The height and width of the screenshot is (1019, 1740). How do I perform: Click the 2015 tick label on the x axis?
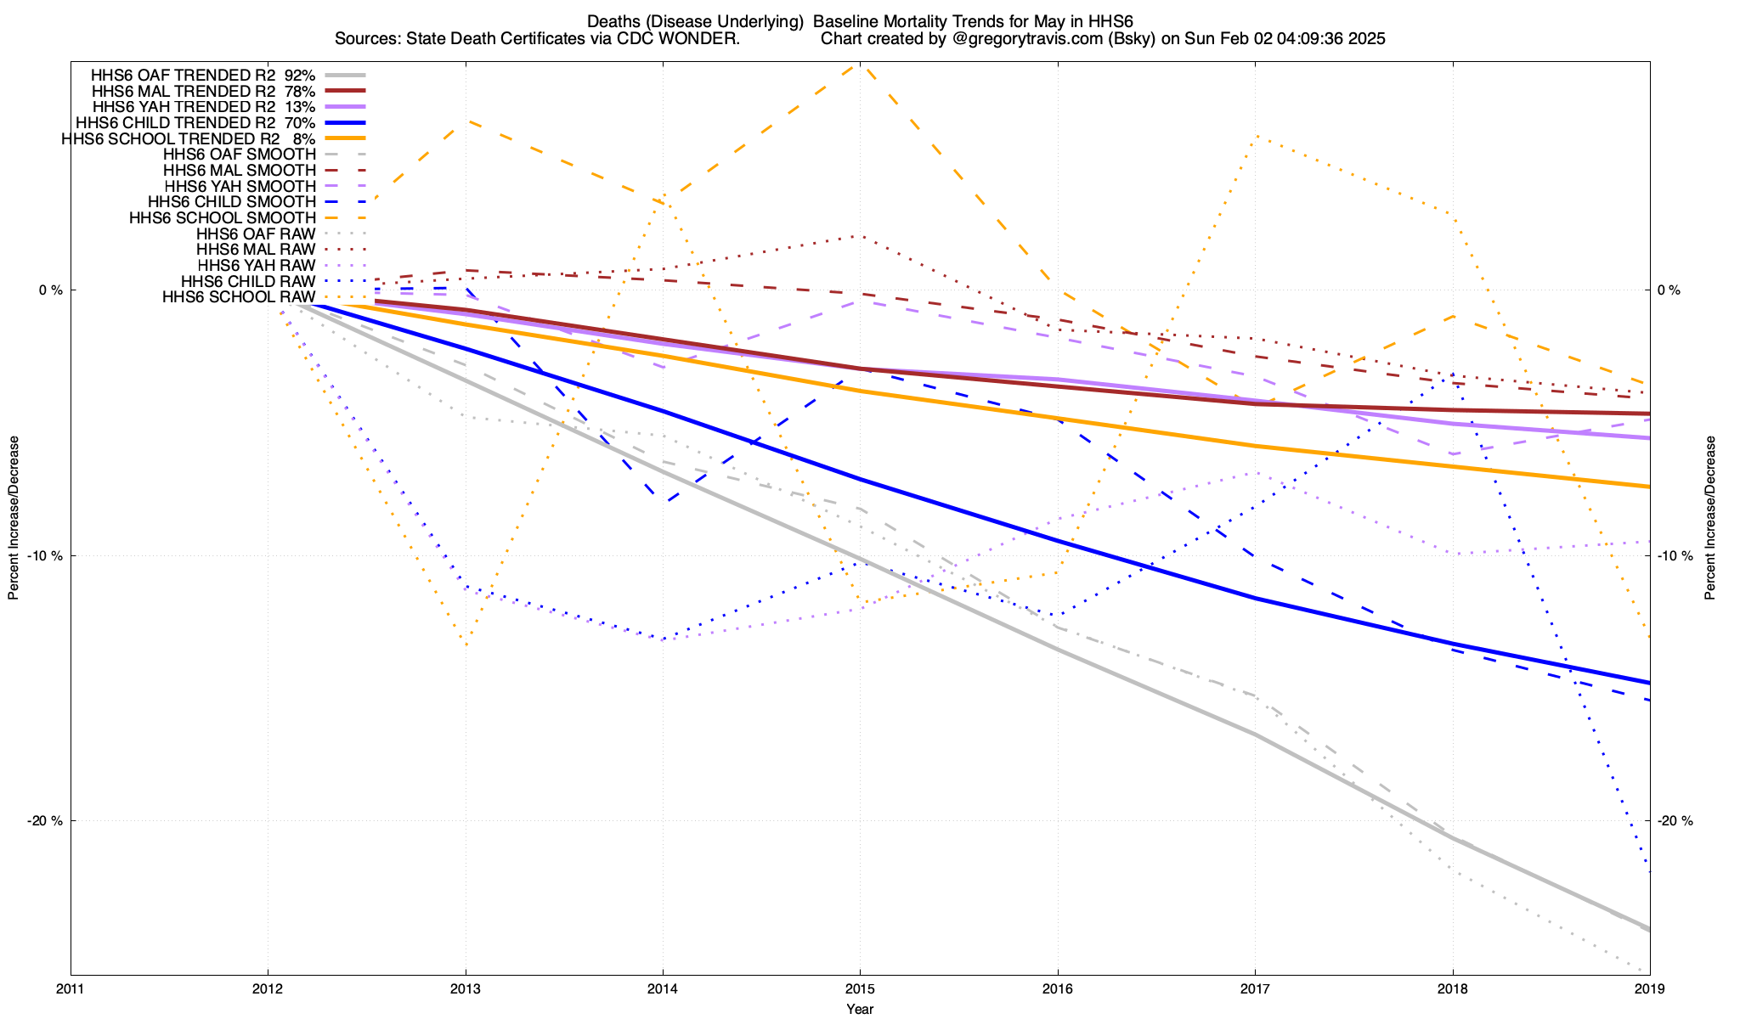[x=860, y=988]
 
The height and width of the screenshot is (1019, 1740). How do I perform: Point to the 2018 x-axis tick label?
[x=1452, y=988]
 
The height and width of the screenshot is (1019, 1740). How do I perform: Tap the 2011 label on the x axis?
[x=71, y=988]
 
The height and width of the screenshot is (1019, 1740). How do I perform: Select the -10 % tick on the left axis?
[x=45, y=556]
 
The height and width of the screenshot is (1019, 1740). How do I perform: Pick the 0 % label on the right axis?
[x=1669, y=290]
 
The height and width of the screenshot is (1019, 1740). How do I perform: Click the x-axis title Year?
[x=860, y=1009]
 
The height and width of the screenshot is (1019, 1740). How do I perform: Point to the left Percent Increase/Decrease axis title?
[x=14, y=518]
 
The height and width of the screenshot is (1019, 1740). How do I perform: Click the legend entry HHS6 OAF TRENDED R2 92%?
[x=203, y=75]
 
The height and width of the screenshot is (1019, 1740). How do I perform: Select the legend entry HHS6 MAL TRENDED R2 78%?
[x=203, y=91]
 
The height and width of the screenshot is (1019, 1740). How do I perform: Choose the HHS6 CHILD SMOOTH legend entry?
[x=231, y=202]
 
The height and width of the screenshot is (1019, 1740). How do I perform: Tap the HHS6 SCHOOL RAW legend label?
[x=239, y=297]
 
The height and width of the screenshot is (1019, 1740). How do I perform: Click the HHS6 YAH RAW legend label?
[x=256, y=266]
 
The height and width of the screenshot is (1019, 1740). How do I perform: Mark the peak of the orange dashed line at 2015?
[x=860, y=65]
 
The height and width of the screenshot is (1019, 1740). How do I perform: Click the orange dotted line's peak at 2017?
[x=1256, y=136]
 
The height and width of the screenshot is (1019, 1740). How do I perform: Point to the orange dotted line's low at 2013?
[x=466, y=645]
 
